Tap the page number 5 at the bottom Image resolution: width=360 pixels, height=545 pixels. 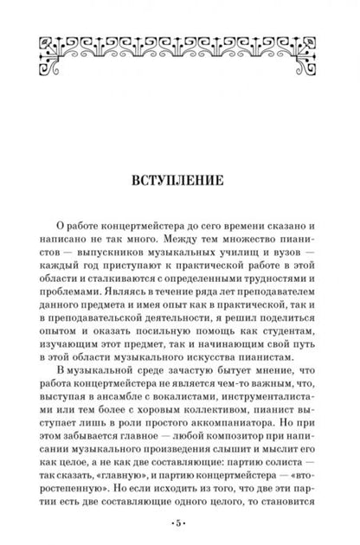click(x=180, y=524)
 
